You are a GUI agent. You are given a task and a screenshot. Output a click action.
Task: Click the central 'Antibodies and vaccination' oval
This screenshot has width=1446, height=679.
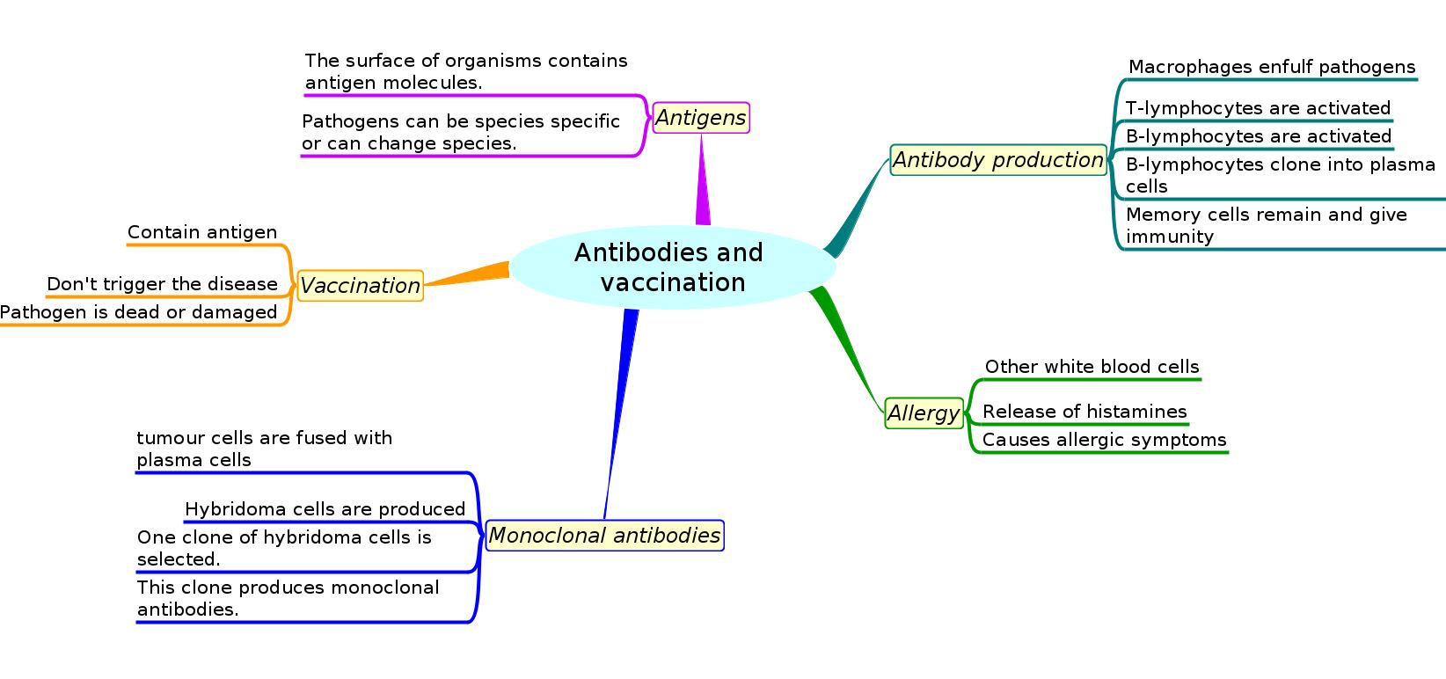[670, 267]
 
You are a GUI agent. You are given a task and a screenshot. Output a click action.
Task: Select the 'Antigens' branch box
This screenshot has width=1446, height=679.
[701, 118]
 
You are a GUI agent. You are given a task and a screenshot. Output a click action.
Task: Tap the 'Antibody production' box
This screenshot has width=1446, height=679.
[998, 160]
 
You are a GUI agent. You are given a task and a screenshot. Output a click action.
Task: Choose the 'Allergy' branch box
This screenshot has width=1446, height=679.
[924, 413]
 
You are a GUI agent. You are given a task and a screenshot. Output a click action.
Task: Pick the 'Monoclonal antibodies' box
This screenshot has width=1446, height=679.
[604, 536]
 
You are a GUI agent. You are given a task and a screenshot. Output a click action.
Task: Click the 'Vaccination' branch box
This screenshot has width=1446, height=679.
[360, 286]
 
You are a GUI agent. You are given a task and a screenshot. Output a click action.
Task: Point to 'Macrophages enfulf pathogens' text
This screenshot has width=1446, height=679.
[1271, 67]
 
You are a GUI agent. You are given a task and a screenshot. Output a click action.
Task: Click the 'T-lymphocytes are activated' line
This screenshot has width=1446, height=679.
[1258, 108]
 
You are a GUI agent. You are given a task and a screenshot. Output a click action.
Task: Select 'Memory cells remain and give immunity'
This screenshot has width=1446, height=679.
[1266, 225]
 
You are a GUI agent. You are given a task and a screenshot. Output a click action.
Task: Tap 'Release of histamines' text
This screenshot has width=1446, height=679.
[1084, 412]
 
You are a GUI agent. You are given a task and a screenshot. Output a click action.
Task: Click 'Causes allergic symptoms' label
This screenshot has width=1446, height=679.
[1104, 440]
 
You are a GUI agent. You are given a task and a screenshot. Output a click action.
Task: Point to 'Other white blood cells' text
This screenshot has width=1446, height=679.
[1092, 367]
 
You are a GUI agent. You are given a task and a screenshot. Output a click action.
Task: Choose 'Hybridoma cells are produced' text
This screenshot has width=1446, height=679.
[325, 509]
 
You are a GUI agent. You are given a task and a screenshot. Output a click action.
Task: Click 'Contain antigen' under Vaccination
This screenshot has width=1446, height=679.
[202, 232]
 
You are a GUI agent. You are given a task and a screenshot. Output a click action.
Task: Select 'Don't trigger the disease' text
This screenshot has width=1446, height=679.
[162, 284]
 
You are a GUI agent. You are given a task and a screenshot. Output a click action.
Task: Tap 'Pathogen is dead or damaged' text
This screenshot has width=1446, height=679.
[138, 312]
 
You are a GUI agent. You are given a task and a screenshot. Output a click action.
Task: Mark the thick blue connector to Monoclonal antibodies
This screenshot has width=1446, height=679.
[623, 387]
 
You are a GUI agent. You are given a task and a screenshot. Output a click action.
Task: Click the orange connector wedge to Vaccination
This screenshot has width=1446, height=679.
[475, 274]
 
